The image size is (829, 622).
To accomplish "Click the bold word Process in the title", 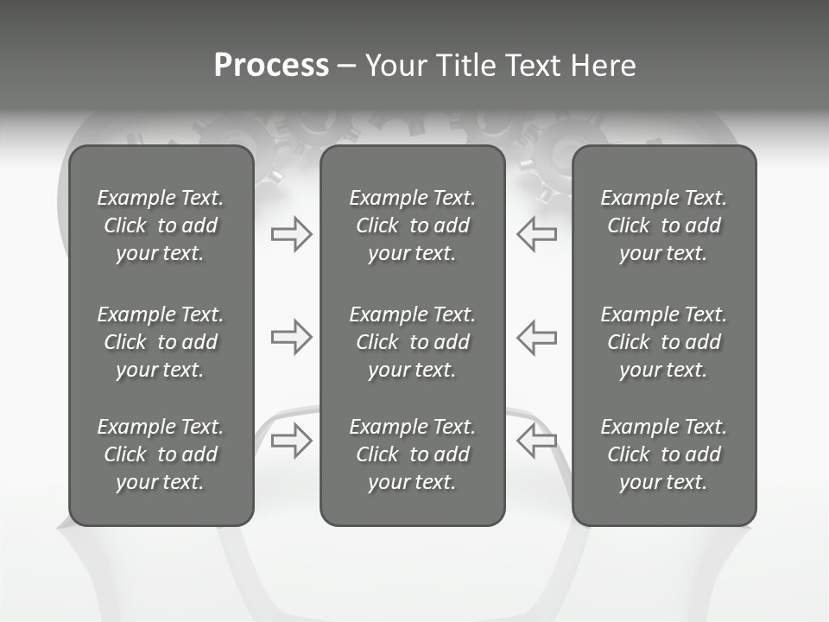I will pyautogui.click(x=271, y=66).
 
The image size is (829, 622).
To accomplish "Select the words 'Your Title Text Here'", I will pyautogui.click(x=500, y=66).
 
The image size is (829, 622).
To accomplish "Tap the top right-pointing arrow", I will pyautogui.click(x=291, y=234).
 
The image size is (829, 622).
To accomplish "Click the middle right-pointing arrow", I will pyautogui.click(x=291, y=337).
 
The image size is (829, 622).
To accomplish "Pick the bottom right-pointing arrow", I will pyautogui.click(x=291, y=441).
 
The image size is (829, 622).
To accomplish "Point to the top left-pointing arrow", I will pyautogui.click(x=536, y=234).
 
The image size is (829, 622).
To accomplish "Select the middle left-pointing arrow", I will pyautogui.click(x=536, y=337).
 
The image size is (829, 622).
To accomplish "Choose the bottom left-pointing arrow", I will pyautogui.click(x=536, y=441).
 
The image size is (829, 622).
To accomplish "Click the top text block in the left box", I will pyautogui.click(x=161, y=225).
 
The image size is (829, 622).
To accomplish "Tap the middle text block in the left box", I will pyautogui.click(x=161, y=342).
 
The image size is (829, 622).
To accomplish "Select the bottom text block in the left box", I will pyautogui.click(x=161, y=454).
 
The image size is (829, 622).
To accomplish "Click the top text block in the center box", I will pyautogui.click(x=413, y=225).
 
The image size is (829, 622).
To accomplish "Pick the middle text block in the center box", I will pyautogui.click(x=413, y=342).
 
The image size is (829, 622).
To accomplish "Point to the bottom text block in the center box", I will pyautogui.click(x=413, y=454).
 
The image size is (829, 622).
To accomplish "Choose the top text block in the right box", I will pyautogui.click(x=664, y=225).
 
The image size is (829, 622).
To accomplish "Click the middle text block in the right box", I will pyautogui.click(x=664, y=342).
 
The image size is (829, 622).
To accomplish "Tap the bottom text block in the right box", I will pyautogui.click(x=664, y=454).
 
